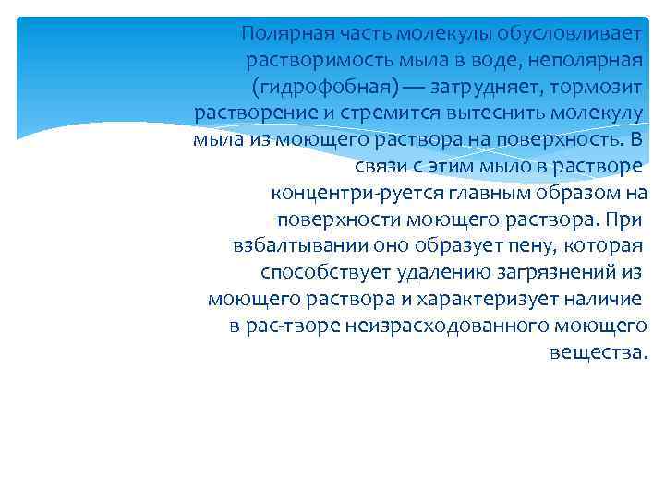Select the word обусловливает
(574, 34)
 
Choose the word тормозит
(611, 88)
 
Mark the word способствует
(320, 274)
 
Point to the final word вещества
(598, 353)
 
